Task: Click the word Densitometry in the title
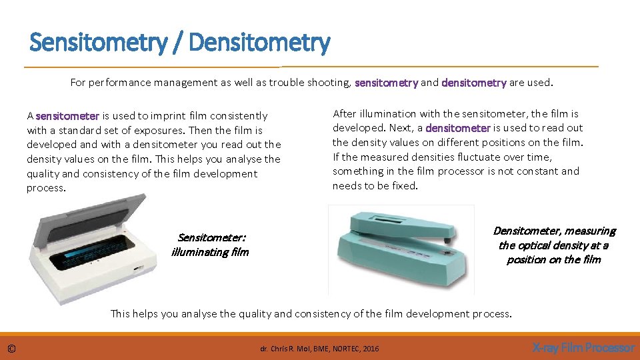click(x=259, y=43)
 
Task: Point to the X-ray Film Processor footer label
click(x=583, y=348)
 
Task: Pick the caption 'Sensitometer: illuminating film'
click(x=210, y=245)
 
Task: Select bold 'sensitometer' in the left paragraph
click(x=67, y=116)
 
